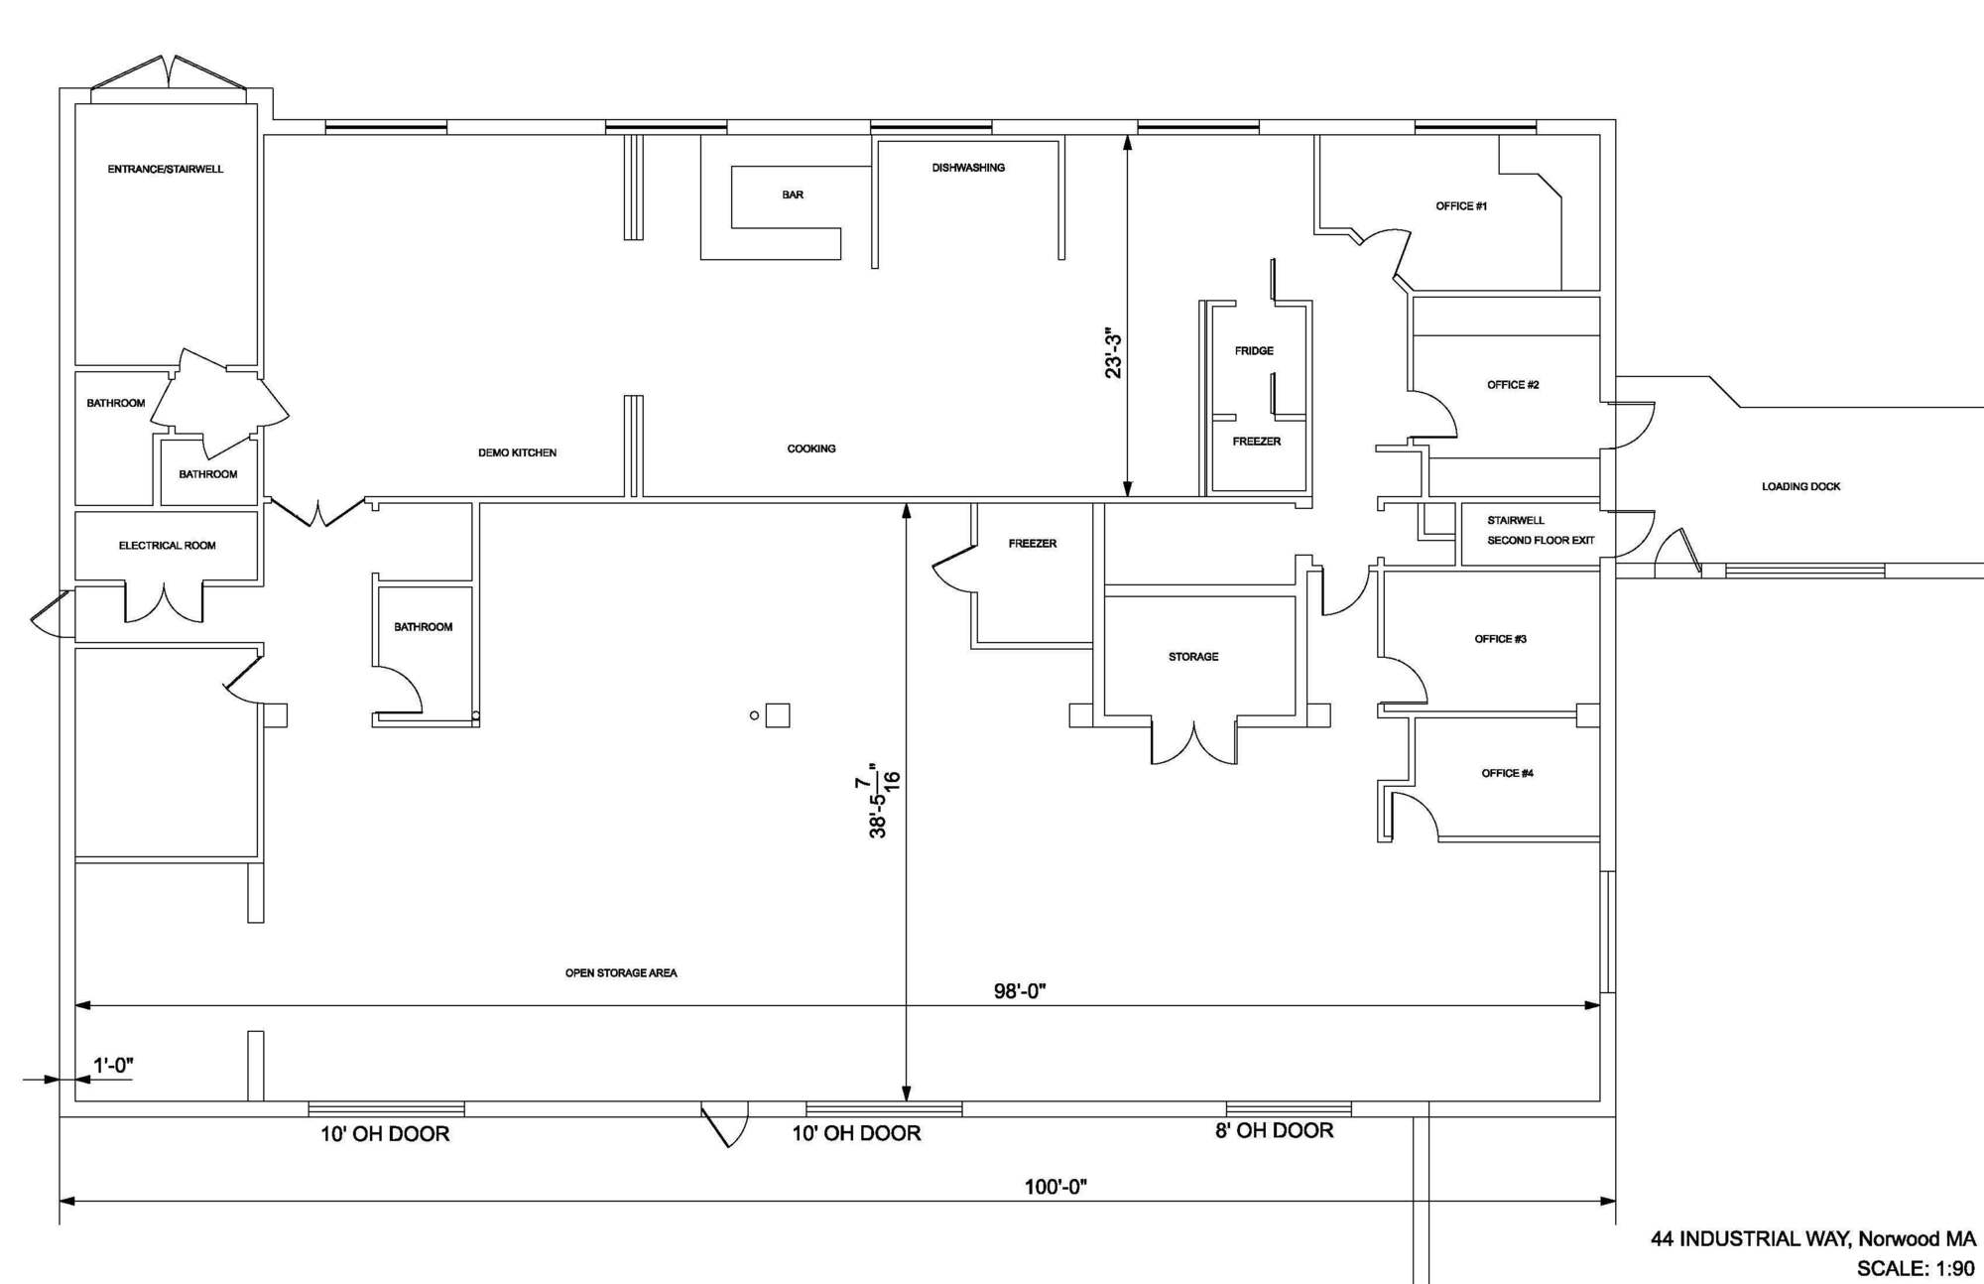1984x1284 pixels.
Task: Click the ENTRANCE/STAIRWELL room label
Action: pyautogui.click(x=166, y=170)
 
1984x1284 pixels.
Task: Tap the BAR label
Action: pyautogui.click(x=793, y=195)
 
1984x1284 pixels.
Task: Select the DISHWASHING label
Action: pyautogui.click(x=968, y=168)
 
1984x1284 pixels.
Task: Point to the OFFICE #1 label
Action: pyautogui.click(x=1461, y=206)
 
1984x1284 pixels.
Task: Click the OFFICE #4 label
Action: pyautogui.click(x=1508, y=773)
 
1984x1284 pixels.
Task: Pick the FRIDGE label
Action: pyautogui.click(x=1254, y=351)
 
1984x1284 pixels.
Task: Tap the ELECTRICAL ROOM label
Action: pyautogui.click(x=167, y=546)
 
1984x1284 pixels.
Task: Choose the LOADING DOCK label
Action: pyautogui.click(x=1800, y=486)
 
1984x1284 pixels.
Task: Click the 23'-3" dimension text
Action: pyautogui.click(x=1114, y=354)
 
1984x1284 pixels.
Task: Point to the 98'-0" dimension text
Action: pyautogui.click(x=1020, y=991)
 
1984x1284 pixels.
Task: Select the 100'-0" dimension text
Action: pyautogui.click(x=1055, y=1187)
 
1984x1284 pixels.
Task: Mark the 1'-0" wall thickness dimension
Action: pyautogui.click(x=113, y=1066)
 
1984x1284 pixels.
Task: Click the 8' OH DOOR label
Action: pyautogui.click(x=1274, y=1130)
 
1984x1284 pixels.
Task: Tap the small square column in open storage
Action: pyautogui.click(x=778, y=715)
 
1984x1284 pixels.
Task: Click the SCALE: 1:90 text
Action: pyautogui.click(x=1916, y=1268)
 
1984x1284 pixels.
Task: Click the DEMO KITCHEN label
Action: pyautogui.click(x=517, y=452)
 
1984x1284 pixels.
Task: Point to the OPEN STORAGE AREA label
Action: pyautogui.click(x=621, y=973)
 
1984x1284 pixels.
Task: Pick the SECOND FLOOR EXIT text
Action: pyautogui.click(x=1541, y=541)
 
